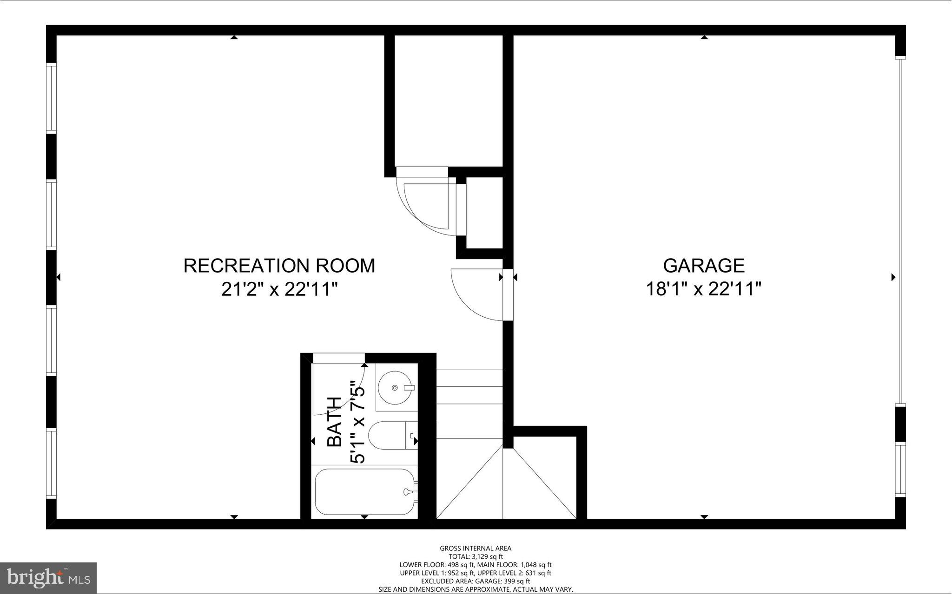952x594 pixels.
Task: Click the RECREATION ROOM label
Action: click(279, 266)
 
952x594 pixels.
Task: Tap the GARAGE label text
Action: click(703, 266)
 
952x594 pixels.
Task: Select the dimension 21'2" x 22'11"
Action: click(279, 290)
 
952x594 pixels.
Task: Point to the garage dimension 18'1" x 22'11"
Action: click(703, 290)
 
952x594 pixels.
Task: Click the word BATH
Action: click(335, 422)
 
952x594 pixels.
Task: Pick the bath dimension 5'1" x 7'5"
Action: click(358, 422)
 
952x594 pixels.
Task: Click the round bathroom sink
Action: click(395, 387)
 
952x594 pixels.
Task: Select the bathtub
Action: click(365, 491)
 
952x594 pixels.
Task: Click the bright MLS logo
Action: click(48, 578)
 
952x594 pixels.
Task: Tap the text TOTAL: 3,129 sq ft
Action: click(476, 556)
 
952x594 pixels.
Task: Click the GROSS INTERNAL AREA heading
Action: click(476, 548)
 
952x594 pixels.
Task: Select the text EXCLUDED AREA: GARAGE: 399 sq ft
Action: click(476, 581)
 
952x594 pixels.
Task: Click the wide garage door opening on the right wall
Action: click(900, 231)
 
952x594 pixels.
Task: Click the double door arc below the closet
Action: click(425, 204)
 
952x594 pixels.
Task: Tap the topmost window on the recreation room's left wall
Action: click(51, 98)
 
